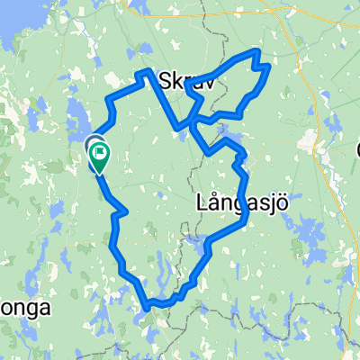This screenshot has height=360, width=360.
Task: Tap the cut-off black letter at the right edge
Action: coord(356,148)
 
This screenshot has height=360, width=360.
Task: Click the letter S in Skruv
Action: coord(164,81)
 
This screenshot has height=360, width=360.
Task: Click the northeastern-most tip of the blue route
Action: coord(268,65)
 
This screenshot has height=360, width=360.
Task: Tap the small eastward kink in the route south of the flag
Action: coord(124,211)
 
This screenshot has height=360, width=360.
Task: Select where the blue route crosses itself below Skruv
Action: coord(192,121)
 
